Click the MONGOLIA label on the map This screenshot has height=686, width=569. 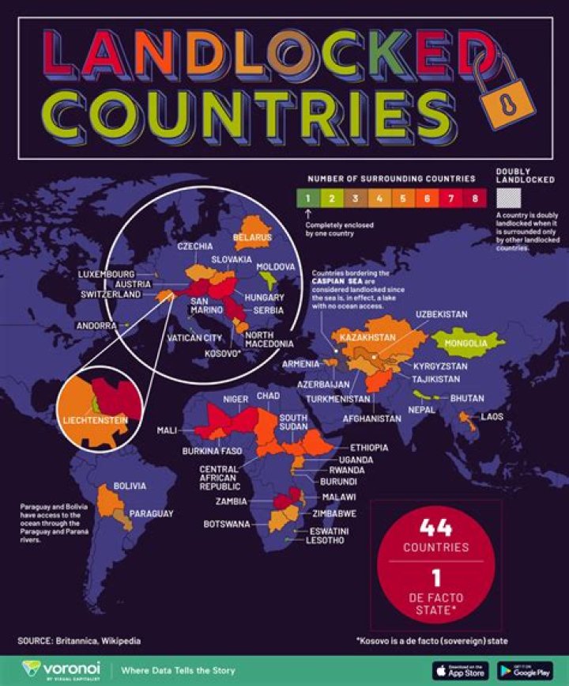(466, 343)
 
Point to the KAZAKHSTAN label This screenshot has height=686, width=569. (367, 338)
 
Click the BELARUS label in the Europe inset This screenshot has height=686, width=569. (252, 237)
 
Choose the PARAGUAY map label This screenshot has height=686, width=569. (151, 514)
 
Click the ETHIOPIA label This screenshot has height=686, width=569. (369, 448)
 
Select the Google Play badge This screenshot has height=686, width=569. (526, 669)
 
